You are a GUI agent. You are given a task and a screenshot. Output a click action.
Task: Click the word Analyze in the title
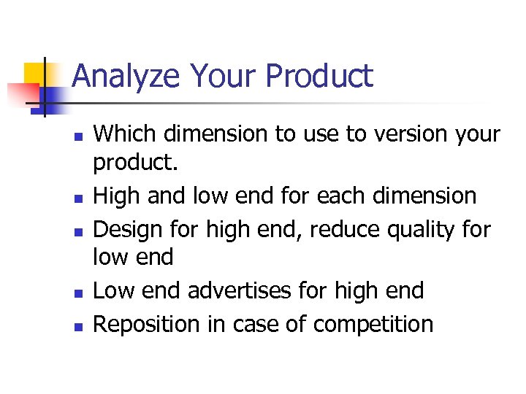pyautogui.click(x=126, y=77)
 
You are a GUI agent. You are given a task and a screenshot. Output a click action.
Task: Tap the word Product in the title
pyautogui.click(x=320, y=77)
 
